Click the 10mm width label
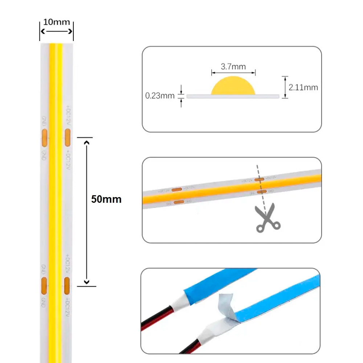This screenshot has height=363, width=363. [x=56, y=22]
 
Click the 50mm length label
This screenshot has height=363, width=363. [x=106, y=199]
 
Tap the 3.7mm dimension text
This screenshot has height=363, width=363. [x=233, y=67]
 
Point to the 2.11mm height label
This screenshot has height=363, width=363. [x=303, y=87]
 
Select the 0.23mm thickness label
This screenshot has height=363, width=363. [x=160, y=96]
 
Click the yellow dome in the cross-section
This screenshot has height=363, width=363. [x=233, y=86]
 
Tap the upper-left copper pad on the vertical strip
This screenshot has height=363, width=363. [x=44, y=136]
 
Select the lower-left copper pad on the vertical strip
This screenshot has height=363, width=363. [x=44, y=285]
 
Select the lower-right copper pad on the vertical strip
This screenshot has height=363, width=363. [x=67, y=285]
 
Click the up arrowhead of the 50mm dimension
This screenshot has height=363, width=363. [x=86, y=142]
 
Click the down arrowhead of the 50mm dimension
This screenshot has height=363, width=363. [x=86, y=282]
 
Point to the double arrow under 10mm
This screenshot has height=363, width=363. [x=56, y=32]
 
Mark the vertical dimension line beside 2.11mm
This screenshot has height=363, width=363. [x=285, y=87]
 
